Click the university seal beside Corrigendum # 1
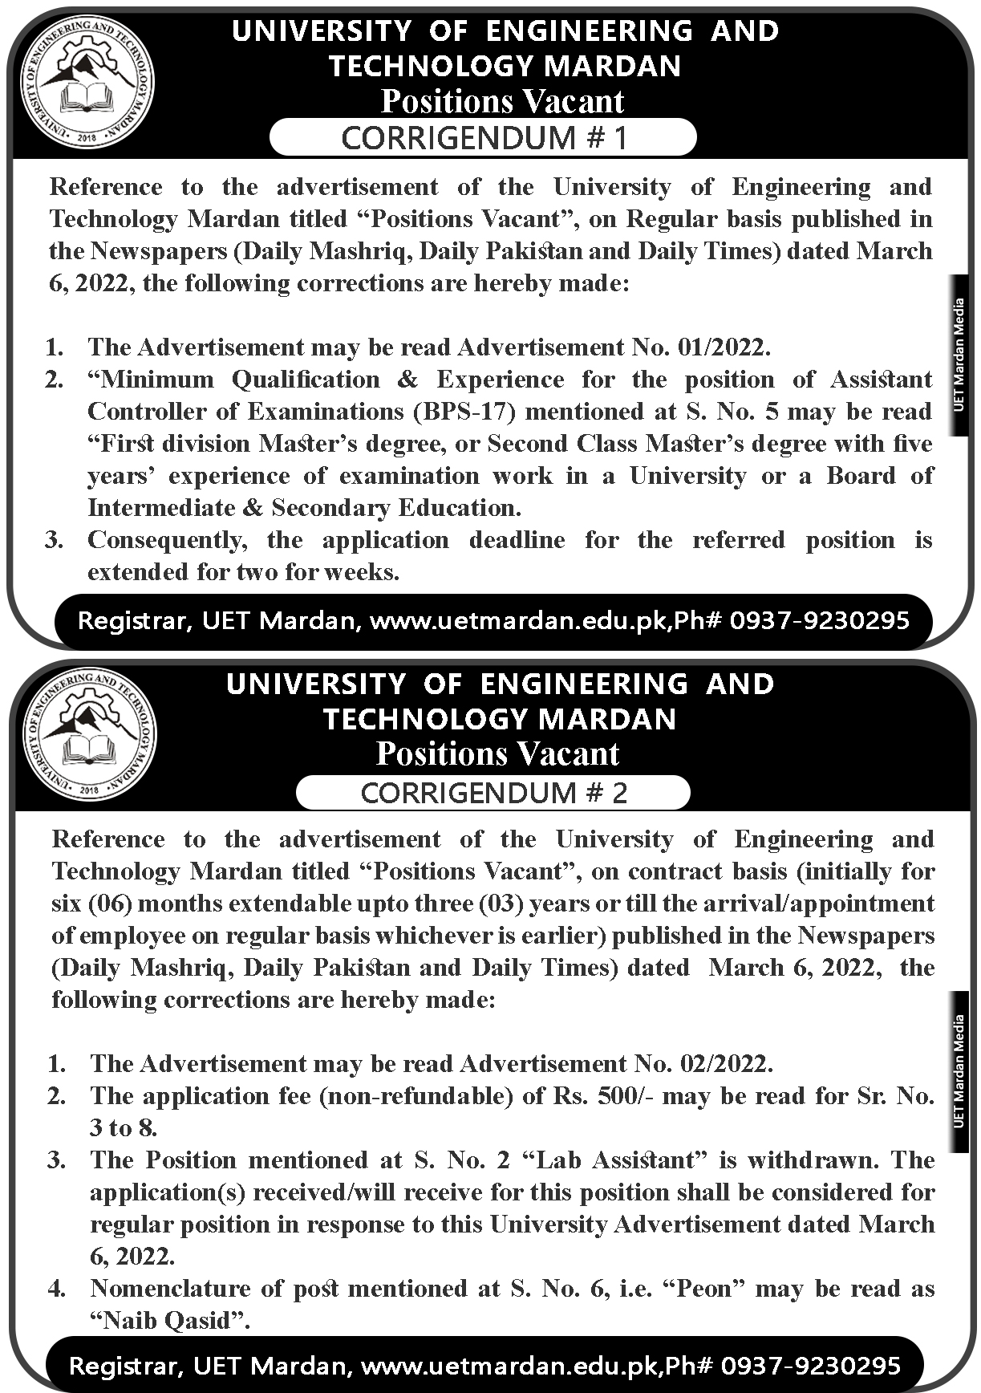[87, 83]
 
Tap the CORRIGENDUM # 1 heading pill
[483, 137]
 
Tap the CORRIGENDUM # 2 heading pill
[493, 793]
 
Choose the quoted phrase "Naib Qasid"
[170, 1321]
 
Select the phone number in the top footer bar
[820, 620]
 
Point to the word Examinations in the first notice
[326, 412]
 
